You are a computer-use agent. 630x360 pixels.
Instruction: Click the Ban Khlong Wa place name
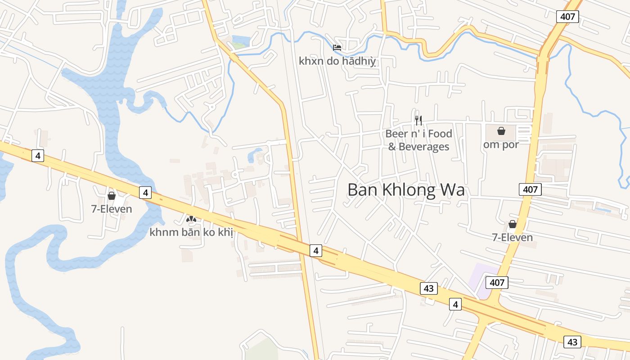(x=406, y=190)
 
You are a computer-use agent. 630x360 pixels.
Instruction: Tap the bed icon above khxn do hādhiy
(x=337, y=47)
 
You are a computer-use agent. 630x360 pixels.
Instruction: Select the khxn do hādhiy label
(x=337, y=61)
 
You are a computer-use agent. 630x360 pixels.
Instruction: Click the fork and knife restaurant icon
(x=418, y=120)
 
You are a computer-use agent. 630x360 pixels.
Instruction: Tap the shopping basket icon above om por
(x=501, y=131)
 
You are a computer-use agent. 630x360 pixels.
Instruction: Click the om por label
(x=501, y=144)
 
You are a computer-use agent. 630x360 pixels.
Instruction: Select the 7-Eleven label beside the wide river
(x=112, y=209)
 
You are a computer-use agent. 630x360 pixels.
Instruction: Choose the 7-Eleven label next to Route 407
(x=513, y=237)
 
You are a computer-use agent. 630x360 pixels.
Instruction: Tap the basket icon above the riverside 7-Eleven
(x=112, y=196)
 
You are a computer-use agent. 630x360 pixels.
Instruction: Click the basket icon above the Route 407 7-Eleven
(x=513, y=224)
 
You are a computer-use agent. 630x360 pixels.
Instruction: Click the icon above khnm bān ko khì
(x=191, y=219)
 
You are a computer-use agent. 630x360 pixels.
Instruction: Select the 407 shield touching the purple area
(x=497, y=283)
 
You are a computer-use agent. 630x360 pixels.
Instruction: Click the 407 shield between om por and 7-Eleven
(x=530, y=189)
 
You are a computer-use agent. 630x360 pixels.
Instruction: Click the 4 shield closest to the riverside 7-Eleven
(x=145, y=193)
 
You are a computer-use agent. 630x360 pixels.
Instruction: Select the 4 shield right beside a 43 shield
(x=455, y=305)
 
